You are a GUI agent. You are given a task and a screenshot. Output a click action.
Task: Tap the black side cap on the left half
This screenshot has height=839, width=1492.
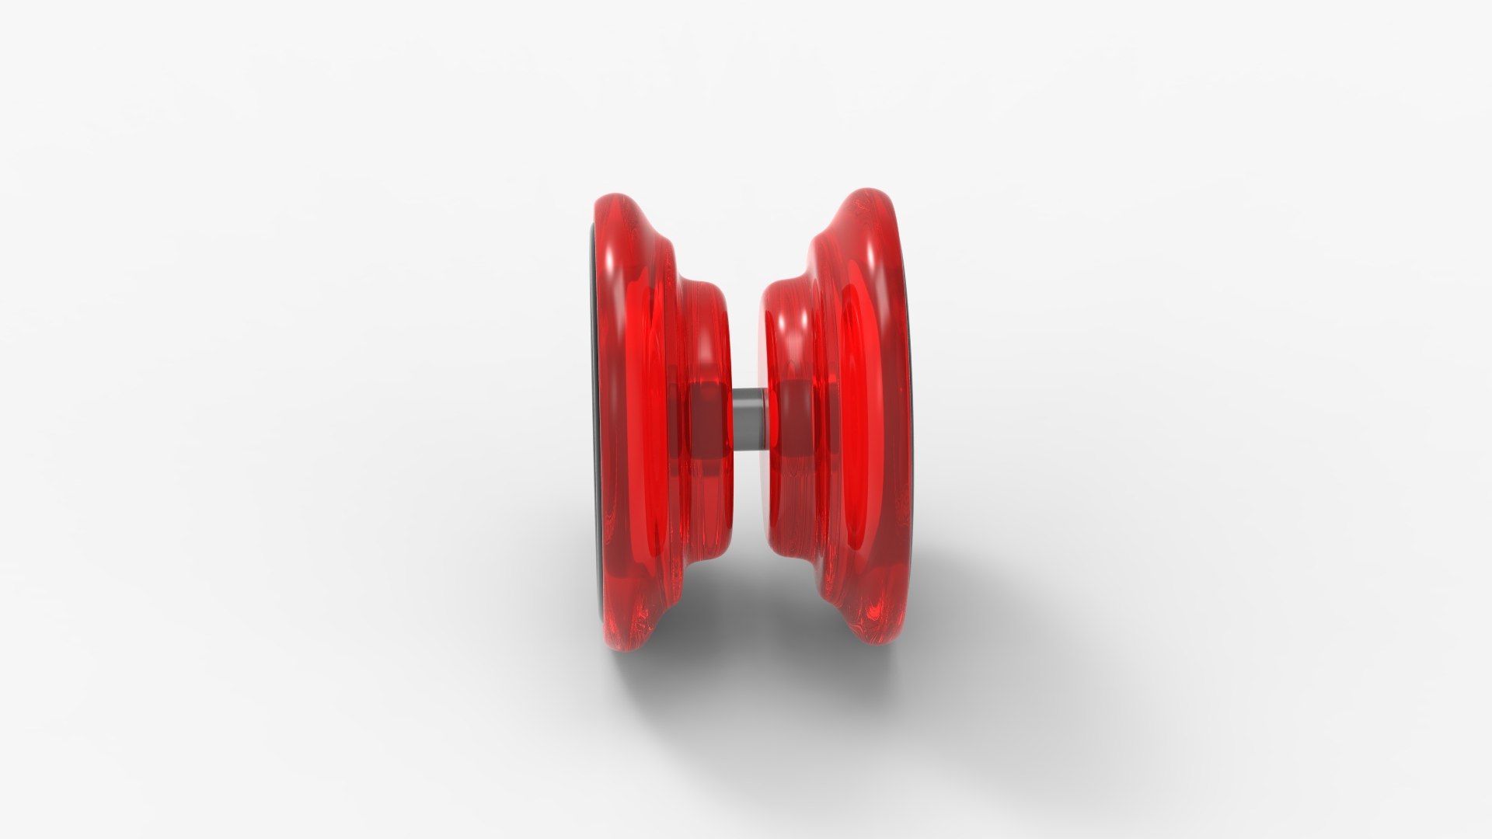pyautogui.click(x=594, y=419)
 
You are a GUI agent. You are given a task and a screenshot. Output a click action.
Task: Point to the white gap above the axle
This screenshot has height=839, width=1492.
pyautogui.click(x=747, y=326)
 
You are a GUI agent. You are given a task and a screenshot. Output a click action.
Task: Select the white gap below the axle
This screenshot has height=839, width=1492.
pyautogui.click(x=747, y=513)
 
